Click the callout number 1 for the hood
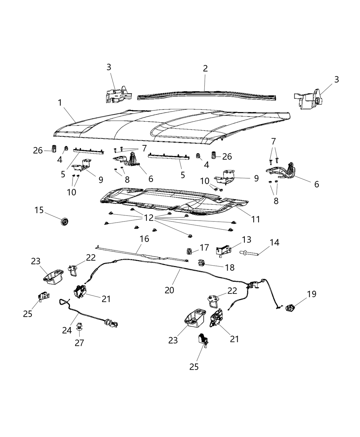(60, 102)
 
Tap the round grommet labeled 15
(64, 222)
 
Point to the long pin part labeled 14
(254, 254)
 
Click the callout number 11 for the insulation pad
(255, 219)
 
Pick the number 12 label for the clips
(149, 218)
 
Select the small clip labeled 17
(189, 251)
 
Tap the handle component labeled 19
(291, 308)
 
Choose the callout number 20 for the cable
(169, 290)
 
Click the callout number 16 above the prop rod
(144, 239)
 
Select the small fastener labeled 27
(79, 327)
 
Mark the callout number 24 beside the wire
(67, 330)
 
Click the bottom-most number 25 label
(194, 367)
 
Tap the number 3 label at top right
(336, 80)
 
